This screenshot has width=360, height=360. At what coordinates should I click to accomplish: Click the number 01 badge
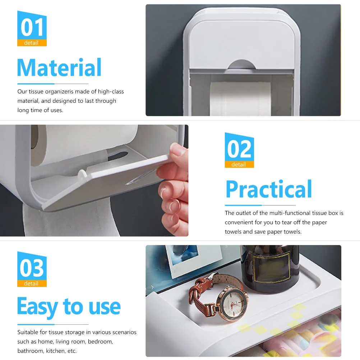[x=32, y=27]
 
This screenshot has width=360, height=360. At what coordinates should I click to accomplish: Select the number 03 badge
[x=32, y=268]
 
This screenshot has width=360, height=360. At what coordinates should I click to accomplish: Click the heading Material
[x=59, y=68]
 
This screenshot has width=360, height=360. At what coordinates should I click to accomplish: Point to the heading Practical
[x=268, y=189]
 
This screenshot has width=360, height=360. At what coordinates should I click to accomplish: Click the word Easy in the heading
[x=37, y=307]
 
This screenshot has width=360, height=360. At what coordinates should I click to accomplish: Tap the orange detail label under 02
[x=239, y=165]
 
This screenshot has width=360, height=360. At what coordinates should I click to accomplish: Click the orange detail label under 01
[x=32, y=43]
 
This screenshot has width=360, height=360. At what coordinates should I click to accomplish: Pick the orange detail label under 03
[x=32, y=283]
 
